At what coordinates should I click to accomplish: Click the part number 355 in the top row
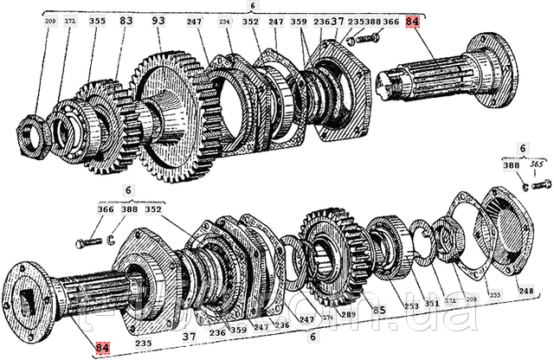tap(97, 19)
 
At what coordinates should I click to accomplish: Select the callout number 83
tap(126, 19)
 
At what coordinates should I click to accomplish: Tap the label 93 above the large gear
tap(158, 19)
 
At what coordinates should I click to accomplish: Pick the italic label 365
tap(536, 164)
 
